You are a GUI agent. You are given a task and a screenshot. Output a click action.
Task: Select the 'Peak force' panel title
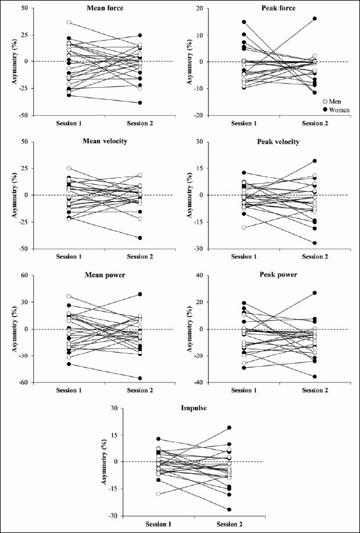[280, 8]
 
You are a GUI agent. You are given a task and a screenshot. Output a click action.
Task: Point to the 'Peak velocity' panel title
[280, 142]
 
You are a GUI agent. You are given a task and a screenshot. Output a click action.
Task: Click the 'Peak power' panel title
[280, 276]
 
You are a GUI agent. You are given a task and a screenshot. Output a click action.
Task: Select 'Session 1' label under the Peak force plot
[244, 123]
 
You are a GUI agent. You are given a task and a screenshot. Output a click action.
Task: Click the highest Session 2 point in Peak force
[315, 19]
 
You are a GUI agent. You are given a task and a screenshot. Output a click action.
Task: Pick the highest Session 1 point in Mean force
[69, 23]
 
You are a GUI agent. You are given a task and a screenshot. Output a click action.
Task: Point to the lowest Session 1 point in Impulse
[158, 494]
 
